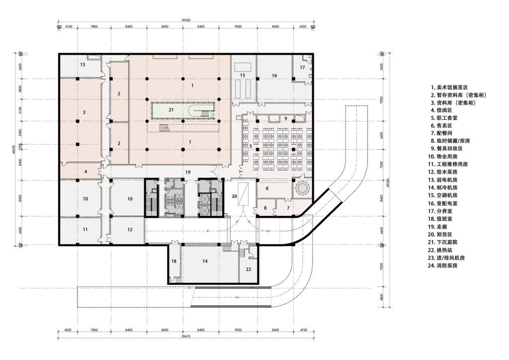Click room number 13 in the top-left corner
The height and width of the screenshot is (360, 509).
pyautogui.click(x=83, y=65)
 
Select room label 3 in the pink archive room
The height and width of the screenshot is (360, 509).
pyautogui.click(x=84, y=113)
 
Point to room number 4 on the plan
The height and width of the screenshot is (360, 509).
pyautogui.click(x=85, y=172)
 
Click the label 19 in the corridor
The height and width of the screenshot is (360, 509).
pyautogui.click(x=188, y=172)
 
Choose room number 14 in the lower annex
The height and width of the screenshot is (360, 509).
pyautogui.click(x=205, y=261)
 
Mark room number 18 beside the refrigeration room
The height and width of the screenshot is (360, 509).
pyautogui.click(x=173, y=261)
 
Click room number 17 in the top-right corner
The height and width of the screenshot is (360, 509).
pyautogui.click(x=302, y=67)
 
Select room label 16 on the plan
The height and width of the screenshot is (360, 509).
pyautogui.click(x=274, y=76)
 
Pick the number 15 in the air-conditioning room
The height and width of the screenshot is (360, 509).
pyautogui.click(x=243, y=75)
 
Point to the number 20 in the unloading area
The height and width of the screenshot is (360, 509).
pyautogui.click(x=235, y=196)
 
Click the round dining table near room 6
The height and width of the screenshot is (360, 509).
pyautogui.click(x=302, y=188)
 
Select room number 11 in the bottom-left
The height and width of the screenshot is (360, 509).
pyautogui.click(x=85, y=229)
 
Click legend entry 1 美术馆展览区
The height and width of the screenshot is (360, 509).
pyautogui.click(x=453, y=87)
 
